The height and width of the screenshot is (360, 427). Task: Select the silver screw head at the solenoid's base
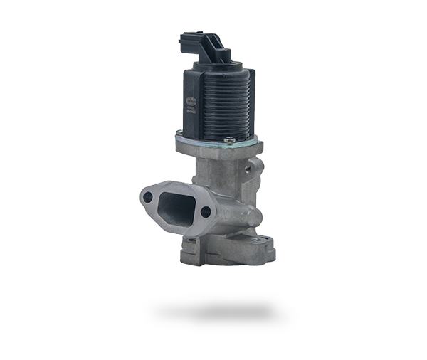229,139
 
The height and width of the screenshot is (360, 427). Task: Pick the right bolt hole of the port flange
206,211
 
